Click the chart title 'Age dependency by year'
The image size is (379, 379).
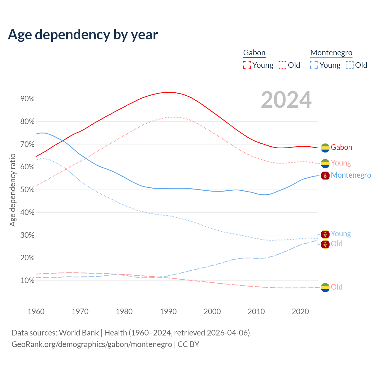point(83,34)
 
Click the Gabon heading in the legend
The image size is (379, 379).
point(254,53)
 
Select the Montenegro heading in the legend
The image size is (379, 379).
point(331,53)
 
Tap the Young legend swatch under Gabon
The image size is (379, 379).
point(247,65)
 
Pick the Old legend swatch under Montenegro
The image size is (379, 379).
point(349,65)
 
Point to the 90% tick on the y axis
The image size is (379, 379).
point(28,99)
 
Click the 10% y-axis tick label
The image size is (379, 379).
point(28,281)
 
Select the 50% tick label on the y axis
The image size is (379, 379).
point(28,190)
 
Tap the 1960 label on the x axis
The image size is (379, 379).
point(36,311)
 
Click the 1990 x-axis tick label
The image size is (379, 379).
point(168,311)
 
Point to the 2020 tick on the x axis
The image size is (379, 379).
point(300,311)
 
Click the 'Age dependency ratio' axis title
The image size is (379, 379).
point(12,190)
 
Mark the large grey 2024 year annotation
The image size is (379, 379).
point(286,100)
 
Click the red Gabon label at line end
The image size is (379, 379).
point(341,147)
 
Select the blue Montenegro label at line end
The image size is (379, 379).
point(351,175)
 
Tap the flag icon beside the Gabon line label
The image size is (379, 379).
point(325,148)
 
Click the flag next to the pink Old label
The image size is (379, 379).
point(325,287)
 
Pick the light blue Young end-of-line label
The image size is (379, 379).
point(341,234)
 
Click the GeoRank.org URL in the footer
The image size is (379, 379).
point(92,344)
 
